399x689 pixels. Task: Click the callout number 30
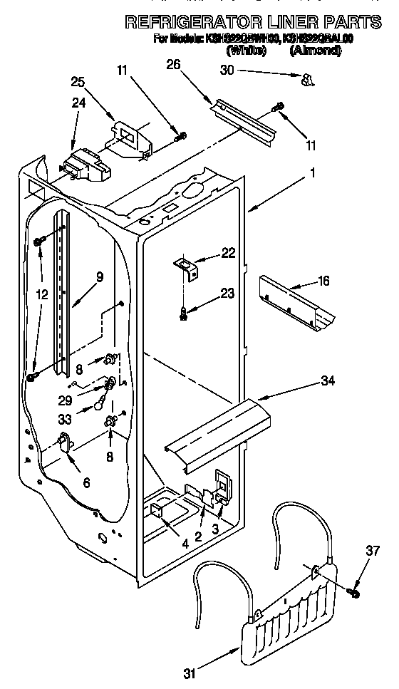pos(227,70)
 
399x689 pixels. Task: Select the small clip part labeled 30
pos(307,79)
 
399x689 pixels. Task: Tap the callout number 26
pos(173,65)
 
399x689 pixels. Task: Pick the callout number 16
pos(323,281)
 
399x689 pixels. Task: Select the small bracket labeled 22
pos(185,266)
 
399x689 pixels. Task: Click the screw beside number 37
pos(354,591)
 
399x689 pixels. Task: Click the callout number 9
pos(99,276)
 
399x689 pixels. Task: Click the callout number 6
pos(86,482)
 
